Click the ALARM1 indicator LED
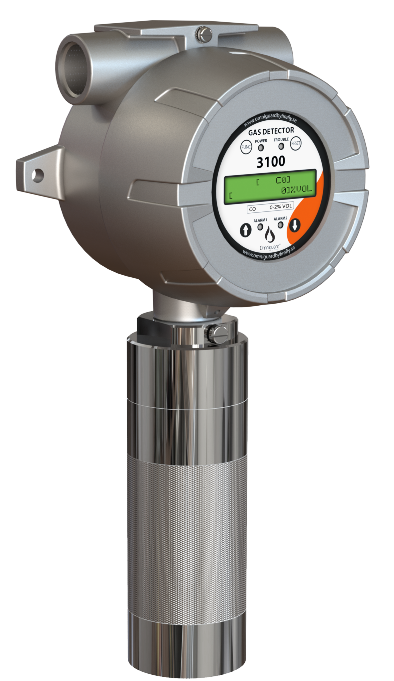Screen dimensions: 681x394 [x=260, y=227]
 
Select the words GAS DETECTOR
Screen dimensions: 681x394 [x=271, y=132]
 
